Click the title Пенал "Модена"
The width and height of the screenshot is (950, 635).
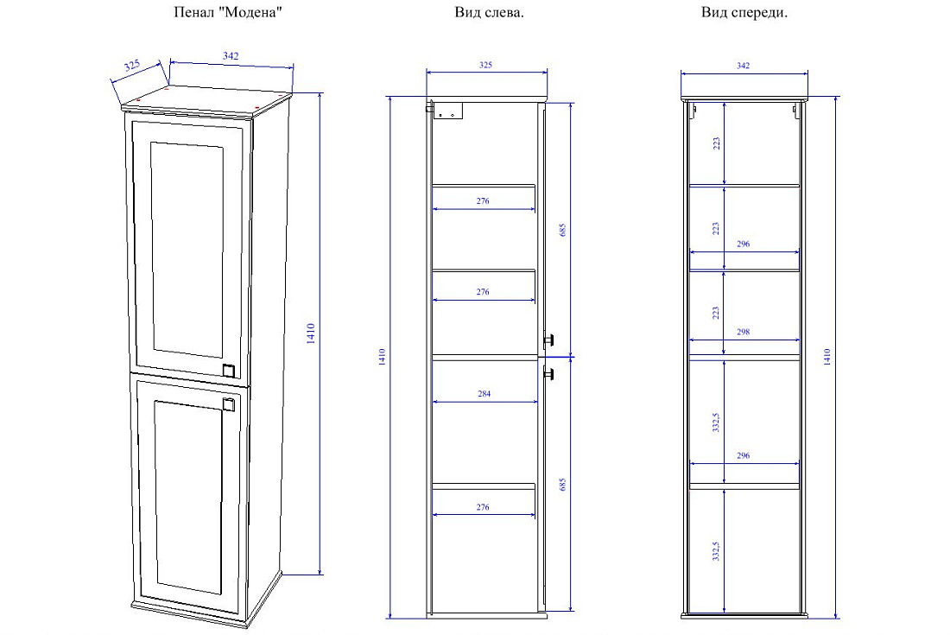228,12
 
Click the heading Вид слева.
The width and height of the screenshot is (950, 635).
489,12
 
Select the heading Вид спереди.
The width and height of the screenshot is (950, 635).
744,12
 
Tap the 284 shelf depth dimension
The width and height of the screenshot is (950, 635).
484,394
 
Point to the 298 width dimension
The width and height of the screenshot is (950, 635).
744,332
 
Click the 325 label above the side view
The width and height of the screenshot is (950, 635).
486,65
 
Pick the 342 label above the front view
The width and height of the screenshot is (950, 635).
744,66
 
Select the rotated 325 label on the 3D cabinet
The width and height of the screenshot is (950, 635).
132,66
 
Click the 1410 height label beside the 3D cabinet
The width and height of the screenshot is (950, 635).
311,333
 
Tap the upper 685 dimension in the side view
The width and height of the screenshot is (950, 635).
562,230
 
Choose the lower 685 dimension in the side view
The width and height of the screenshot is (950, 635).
562,484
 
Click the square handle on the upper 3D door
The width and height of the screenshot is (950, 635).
229,370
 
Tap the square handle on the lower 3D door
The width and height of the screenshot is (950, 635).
228,404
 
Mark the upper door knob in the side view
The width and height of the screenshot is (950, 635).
549,340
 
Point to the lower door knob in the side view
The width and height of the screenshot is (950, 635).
549,373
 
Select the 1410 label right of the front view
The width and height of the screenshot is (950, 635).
827,356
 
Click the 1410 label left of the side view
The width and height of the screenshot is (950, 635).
382,356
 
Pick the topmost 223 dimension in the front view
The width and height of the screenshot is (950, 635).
716,143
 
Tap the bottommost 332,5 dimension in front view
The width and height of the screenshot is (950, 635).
716,551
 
